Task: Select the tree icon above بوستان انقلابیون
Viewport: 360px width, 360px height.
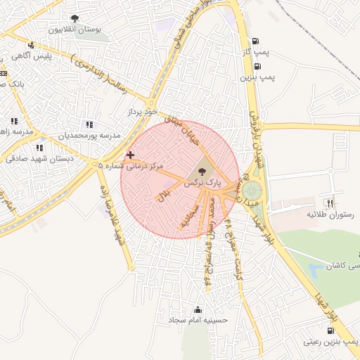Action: pyautogui.click(x=75, y=19)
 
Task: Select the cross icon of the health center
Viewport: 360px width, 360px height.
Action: pyautogui.click(x=130, y=154)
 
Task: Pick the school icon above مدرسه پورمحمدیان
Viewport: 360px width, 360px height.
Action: pyautogui.click(x=89, y=124)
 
